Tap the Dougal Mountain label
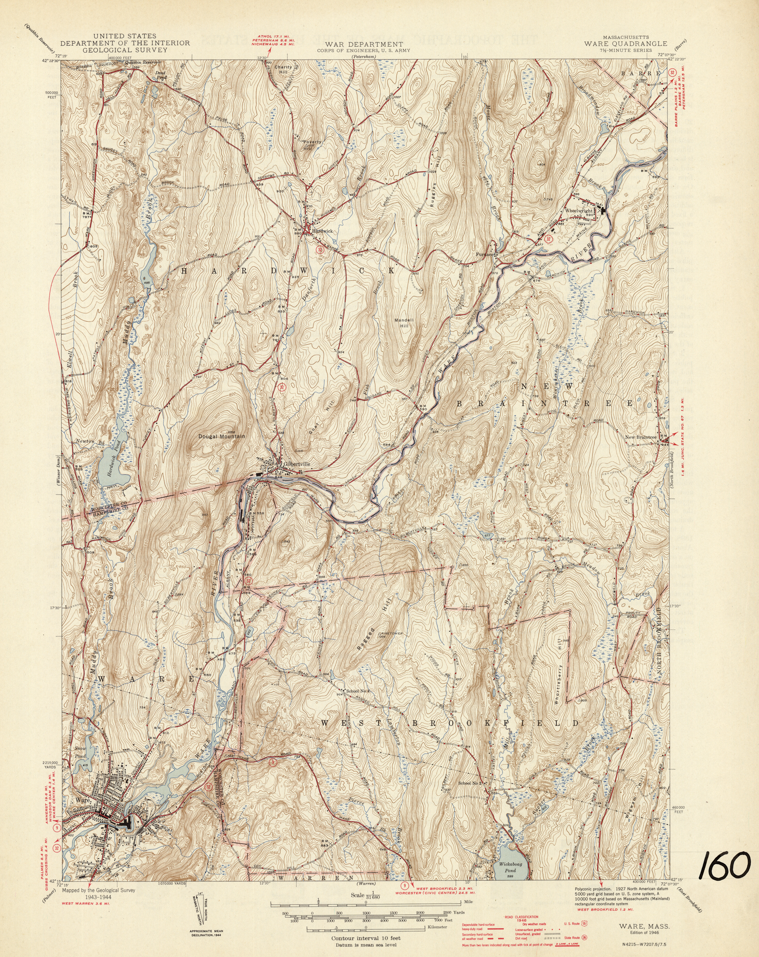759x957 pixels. click(x=221, y=436)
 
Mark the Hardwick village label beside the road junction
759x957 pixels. click(x=322, y=231)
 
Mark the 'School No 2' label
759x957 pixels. click(x=470, y=783)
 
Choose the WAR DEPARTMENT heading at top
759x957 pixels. click(x=364, y=44)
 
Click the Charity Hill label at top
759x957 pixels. click(x=283, y=70)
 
